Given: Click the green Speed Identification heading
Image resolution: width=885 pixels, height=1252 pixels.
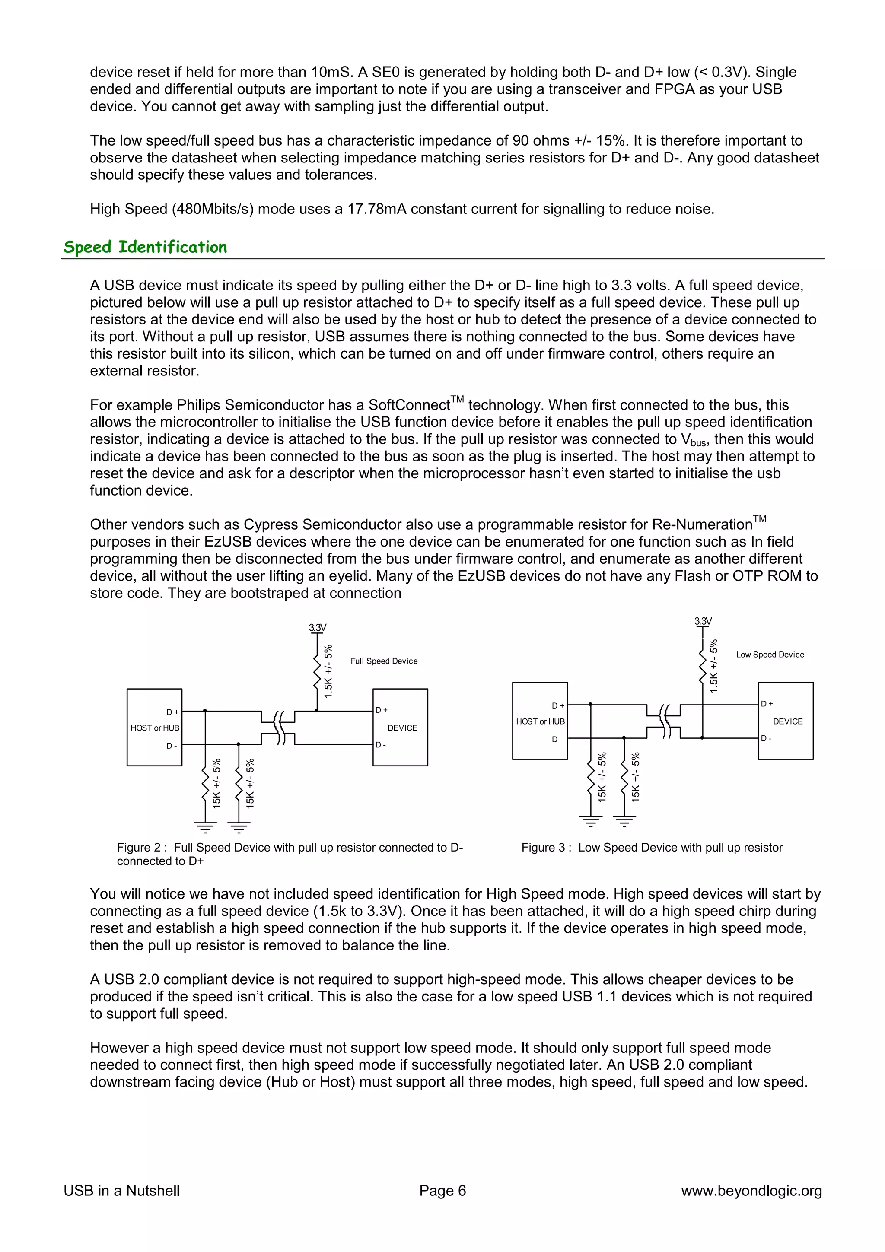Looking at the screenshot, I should pyautogui.click(x=145, y=247).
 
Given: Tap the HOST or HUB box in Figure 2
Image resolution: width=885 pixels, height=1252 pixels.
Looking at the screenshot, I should pyautogui.click(x=154, y=728).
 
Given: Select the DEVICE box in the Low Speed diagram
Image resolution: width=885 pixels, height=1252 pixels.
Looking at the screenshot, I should pyautogui.click(x=786, y=721).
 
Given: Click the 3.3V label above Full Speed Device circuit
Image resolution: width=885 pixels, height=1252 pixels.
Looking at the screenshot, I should pyautogui.click(x=317, y=628).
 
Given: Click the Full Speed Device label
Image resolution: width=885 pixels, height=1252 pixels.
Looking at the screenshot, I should pyautogui.click(x=384, y=661).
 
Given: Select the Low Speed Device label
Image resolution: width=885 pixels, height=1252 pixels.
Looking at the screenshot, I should pyautogui.click(x=769, y=655).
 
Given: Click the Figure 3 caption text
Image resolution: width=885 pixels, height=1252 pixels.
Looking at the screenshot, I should pyautogui.click(x=652, y=847).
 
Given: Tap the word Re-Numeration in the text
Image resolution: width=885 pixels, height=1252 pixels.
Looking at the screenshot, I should pyautogui.click(x=702, y=524).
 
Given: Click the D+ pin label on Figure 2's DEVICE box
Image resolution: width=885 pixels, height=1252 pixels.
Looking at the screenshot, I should pyautogui.click(x=381, y=710).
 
